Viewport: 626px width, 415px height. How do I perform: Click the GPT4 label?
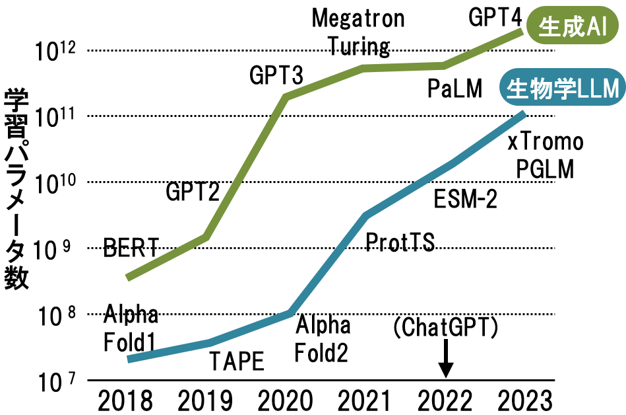(x=495, y=17)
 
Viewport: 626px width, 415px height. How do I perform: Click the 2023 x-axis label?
(x=524, y=399)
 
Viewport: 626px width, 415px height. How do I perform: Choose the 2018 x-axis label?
(x=125, y=399)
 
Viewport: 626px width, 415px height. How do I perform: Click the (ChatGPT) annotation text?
(x=445, y=326)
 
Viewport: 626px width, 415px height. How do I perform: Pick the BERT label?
(x=131, y=248)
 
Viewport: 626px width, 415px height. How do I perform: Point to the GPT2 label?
(x=192, y=192)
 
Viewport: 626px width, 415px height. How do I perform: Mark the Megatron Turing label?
(x=358, y=32)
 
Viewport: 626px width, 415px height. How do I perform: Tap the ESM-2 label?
(x=466, y=198)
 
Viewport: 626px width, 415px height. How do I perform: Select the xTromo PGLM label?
(x=545, y=155)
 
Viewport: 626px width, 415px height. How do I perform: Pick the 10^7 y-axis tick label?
(x=56, y=380)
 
